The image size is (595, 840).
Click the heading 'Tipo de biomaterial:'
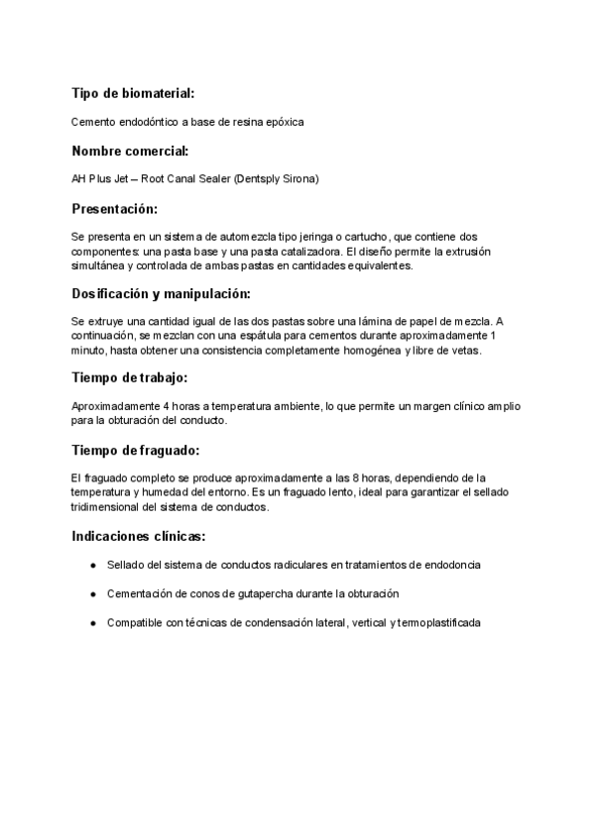[x=133, y=93]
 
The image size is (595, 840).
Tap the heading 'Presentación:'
[x=115, y=209]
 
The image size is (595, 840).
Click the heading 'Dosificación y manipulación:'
[x=161, y=294]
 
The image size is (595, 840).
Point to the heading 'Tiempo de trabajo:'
[x=130, y=378]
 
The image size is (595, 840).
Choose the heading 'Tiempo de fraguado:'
[x=135, y=450]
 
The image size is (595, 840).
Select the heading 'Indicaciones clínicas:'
[x=139, y=536]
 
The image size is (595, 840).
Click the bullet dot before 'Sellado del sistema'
[x=92, y=565]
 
